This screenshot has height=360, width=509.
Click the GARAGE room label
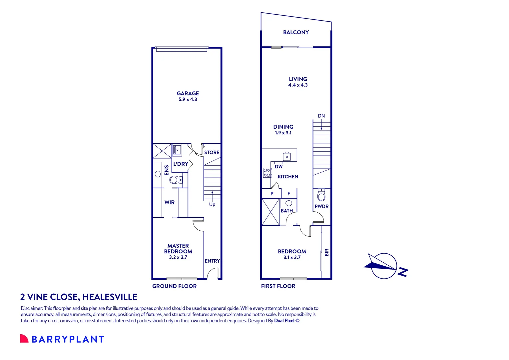click(188, 93)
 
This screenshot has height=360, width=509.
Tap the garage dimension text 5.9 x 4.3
click(188, 99)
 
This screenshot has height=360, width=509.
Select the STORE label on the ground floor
click(212, 152)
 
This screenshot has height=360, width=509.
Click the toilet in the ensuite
click(175, 180)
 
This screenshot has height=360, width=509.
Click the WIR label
click(170, 202)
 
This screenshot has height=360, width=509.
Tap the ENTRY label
click(212, 261)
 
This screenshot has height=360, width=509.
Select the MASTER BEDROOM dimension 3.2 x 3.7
click(178, 257)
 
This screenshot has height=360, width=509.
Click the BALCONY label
click(296, 32)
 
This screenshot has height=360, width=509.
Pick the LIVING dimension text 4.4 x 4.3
click(298, 85)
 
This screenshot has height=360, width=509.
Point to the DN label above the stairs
click(321, 116)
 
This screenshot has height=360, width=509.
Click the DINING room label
click(283, 127)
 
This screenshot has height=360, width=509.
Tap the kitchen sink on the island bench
click(287, 156)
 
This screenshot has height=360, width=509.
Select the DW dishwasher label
click(279, 167)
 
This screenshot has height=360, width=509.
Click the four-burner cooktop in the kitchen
click(267, 173)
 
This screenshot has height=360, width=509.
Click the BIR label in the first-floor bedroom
click(326, 252)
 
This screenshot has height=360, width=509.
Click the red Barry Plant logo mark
click(24, 339)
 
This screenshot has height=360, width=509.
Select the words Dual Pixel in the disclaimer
click(284, 321)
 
